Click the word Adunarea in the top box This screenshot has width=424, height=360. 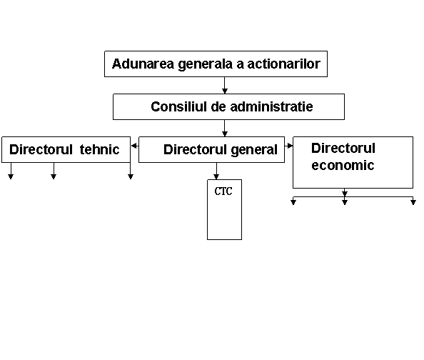pyautogui.click(x=143, y=64)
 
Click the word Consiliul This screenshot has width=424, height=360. pyautogui.click(x=178, y=106)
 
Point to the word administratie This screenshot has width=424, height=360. pyautogui.click(x=272, y=106)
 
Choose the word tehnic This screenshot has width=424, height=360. pyautogui.click(x=99, y=149)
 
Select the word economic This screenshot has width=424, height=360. pyautogui.click(x=343, y=165)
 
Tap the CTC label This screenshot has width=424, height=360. pyautogui.click(x=223, y=191)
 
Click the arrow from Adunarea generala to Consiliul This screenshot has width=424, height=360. pyautogui.click(x=224, y=85)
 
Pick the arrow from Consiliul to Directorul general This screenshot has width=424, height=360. pyautogui.click(x=224, y=128)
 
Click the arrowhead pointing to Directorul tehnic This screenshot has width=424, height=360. pyautogui.click(x=133, y=146)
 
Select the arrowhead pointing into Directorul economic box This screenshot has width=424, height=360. pyautogui.click(x=290, y=146)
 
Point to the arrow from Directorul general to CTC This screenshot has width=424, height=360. pyautogui.click(x=216, y=171)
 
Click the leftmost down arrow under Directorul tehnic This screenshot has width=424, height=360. pyautogui.click(x=11, y=171)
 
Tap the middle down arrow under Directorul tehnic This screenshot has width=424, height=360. pyautogui.click(x=54, y=171)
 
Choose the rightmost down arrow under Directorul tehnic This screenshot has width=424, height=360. pyautogui.click(x=131, y=171)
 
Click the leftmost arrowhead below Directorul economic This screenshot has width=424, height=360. pyautogui.click(x=293, y=202)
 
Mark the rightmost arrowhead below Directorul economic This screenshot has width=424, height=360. pyautogui.click(x=413, y=202)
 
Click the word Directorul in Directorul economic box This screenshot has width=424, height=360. pyautogui.click(x=343, y=148)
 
